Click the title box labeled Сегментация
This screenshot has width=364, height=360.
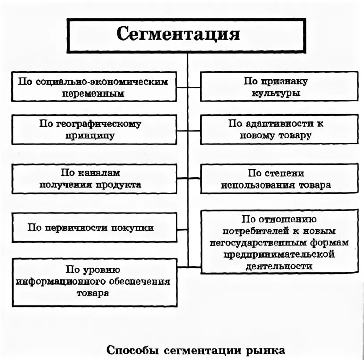(187, 36)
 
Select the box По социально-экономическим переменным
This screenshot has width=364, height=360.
(93, 87)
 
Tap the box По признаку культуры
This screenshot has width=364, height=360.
(279, 87)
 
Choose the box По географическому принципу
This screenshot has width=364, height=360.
(93, 130)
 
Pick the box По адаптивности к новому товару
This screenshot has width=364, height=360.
(279, 130)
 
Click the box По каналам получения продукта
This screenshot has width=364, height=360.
(93, 179)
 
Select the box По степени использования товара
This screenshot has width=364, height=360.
(279, 179)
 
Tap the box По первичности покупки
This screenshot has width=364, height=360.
(93, 228)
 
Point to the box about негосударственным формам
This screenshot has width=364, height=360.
(279, 242)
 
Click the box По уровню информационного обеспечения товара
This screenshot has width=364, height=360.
(93, 281)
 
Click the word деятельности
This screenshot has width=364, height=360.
(277, 266)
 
